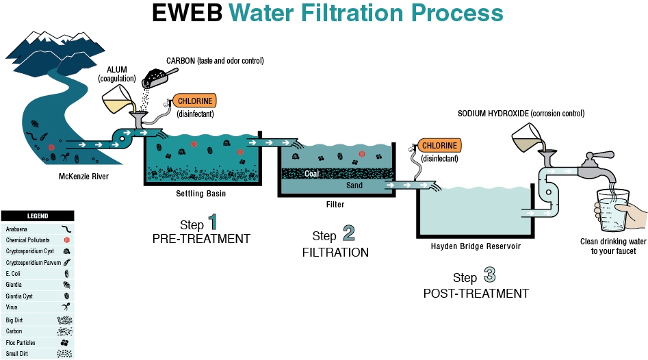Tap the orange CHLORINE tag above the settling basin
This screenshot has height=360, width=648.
pyautogui.click(x=193, y=101)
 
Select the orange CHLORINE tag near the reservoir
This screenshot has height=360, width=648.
pyautogui.click(x=440, y=146)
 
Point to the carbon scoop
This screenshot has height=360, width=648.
pyautogui.click(x=158, y=81)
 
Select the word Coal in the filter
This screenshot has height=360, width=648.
pyautogui.click(x=311, y=174)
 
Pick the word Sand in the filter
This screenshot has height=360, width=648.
pyautogui.click(x=354, y=185)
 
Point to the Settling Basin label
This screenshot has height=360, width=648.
pyautogui.click(x=200, y=194)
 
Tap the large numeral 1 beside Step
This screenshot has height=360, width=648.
pyautogui.click(x=213, y=222)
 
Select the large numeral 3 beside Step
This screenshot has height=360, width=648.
pyautogui.click(x=489, y=276)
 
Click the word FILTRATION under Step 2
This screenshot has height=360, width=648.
pyautogui.click(x=335, y=253)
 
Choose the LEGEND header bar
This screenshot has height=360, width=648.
pyautogui.click(x=37, y=216)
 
